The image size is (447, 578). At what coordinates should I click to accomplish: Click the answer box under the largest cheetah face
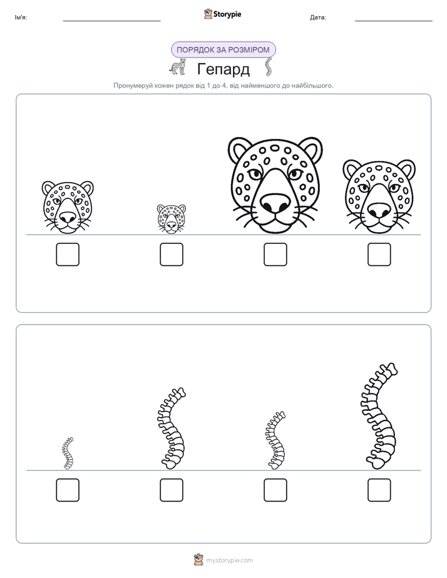click(x=275, y=255)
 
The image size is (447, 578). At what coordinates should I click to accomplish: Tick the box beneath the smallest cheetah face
click(x=172, y=255)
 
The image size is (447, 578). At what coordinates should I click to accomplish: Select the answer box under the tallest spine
click(x=379, y=490)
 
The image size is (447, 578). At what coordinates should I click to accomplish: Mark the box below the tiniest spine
click(x=68, y=490)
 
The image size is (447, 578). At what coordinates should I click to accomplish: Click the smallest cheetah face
click(x=172, y=219)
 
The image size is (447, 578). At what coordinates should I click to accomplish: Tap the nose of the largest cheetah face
click(x=275, y=204)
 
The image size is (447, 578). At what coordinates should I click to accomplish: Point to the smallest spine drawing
click(x=68, y=454)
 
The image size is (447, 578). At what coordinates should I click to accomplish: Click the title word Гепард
click(x=223, y=69)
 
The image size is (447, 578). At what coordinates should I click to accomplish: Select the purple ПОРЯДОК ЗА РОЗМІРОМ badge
click(x=223, y=50)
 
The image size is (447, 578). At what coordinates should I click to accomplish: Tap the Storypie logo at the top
click(x=222, y=14)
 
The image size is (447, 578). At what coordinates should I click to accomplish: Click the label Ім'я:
click(x=21, y=18)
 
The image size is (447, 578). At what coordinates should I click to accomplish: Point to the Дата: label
click(x=318, y=18)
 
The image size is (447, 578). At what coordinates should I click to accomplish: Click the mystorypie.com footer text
click(x=229, y=560)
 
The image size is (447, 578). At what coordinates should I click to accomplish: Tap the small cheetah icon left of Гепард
click(x=177, y=67)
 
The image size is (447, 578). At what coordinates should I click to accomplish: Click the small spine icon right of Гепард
click(x=268, y=67)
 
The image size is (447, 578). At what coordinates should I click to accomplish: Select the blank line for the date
click(x=394, y=21)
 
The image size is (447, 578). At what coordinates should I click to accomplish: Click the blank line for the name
click(x=111, y=21)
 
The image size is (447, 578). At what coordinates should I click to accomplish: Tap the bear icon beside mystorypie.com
click(x=198, y=560)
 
